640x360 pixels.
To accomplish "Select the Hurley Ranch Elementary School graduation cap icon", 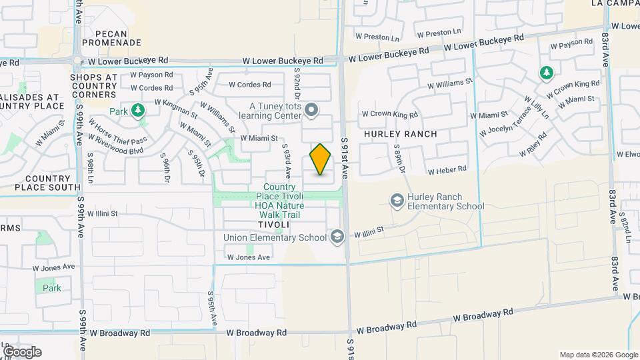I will coord(397,200).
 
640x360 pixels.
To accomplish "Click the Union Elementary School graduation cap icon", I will coord(337,237).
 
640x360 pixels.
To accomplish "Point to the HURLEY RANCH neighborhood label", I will coord(401,134).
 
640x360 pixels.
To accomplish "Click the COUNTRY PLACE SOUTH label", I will coord(47,183).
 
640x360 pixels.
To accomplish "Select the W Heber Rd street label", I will coord(447,171).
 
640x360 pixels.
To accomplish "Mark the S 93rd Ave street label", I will coord(287,161).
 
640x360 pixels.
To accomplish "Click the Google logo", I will coord(21,352).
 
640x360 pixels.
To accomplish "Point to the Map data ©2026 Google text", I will coord(598,355).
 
